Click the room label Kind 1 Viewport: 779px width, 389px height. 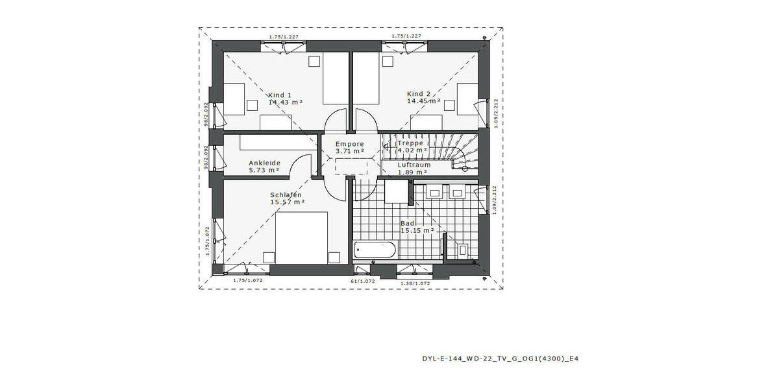pos(280,95)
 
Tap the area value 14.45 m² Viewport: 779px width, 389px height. pos(423,101)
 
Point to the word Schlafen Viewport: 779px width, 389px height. pos(286,194)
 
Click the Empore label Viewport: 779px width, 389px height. pos(349,144)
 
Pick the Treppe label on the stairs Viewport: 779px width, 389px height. pos(410,143)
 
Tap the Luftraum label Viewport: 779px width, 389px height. pos(414,165)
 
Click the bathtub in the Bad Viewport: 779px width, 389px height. pos(375,250)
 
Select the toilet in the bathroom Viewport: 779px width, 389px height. pos(463,250)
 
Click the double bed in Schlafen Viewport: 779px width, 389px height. pos(301,238)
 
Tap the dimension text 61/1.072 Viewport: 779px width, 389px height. pos(363,282)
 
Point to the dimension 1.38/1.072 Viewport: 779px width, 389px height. pos(415,283)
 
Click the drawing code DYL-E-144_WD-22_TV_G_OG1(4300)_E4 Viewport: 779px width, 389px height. pos(495,358)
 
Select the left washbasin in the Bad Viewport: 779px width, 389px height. pos(435,192)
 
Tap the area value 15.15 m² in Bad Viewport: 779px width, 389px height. pos(417,230)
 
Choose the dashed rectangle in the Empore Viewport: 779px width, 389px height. pos(350,165)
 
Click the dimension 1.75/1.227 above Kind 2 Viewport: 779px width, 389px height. pos(406,36)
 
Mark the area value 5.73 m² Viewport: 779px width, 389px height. pos(264,171)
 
